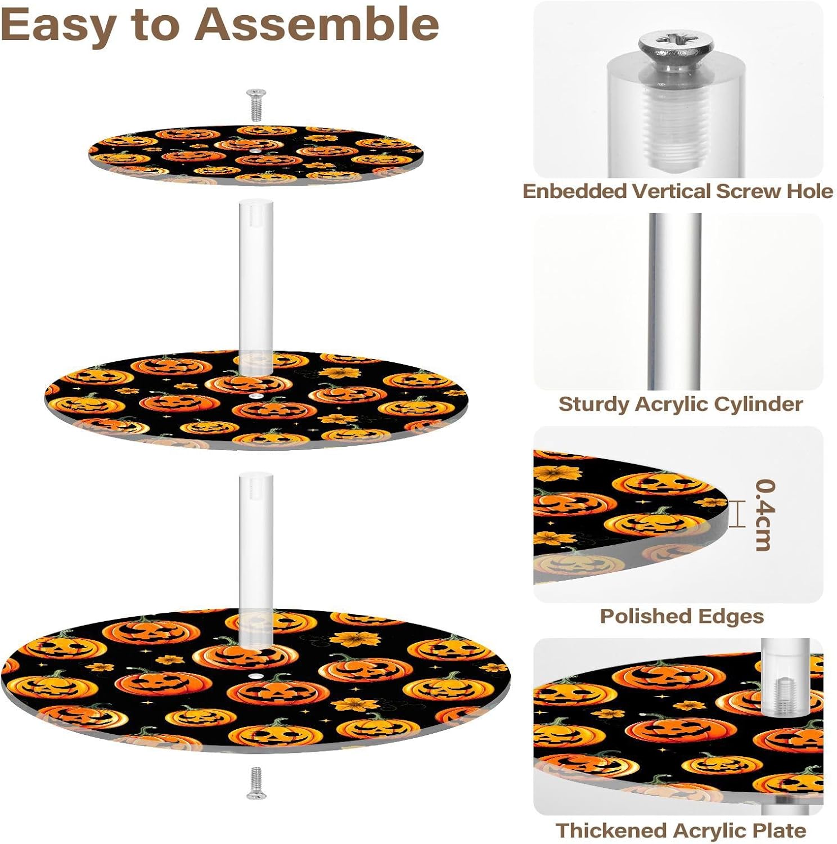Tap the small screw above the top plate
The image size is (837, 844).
pyautogui.click(x=256, y=105)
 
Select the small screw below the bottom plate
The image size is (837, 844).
pyautogui.click(x=256, y=783)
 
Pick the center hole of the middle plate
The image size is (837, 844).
pyautogui.click(x=256, y=397)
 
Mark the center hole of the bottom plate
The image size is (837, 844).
pyautogui.click(x=256, y=674)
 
